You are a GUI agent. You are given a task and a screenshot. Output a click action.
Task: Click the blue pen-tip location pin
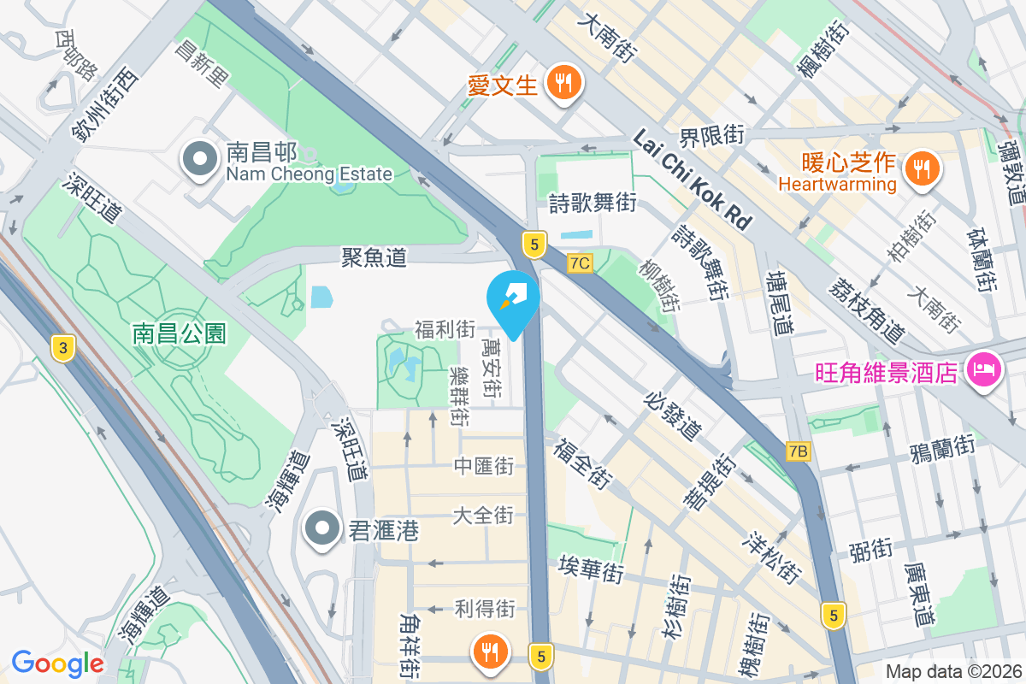[x=512, y=299]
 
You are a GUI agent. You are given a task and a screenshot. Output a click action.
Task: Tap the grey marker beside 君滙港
[x=322, y=531]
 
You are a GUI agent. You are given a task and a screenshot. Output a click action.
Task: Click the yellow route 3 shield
[x=62, y=347]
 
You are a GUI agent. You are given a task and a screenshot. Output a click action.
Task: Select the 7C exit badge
[x=580, y=263]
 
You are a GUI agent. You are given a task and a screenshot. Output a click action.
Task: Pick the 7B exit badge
[x=799, y=451]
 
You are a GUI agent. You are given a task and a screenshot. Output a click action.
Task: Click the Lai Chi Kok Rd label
[x=693, y=180]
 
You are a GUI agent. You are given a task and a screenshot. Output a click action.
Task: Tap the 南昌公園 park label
[x=180, y=333]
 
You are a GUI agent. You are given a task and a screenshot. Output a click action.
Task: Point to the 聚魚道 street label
[x=374, y=256]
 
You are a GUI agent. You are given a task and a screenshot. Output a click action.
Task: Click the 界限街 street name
[x=711, y=134]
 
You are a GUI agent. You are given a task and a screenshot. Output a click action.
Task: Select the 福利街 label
[x=445, y=328]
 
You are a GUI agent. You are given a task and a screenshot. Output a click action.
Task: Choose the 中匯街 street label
[x=484, y=466]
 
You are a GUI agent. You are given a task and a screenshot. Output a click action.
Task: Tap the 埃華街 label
[x=591, y=569]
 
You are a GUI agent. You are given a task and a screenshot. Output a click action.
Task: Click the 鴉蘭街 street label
[x=943, y=446]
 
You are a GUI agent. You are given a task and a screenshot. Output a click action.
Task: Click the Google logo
[x=57, y=663]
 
